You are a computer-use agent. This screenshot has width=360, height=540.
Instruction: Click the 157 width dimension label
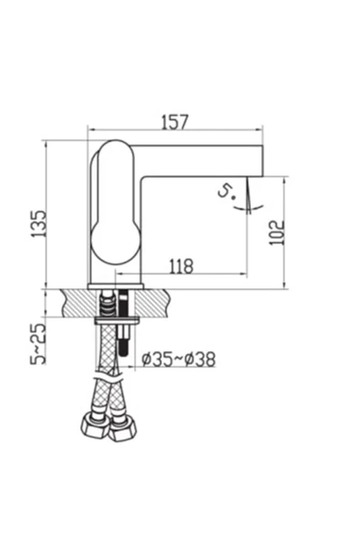pyautogui.click(x=175, y=122)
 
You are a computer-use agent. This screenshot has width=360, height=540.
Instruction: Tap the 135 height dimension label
pyautogui.click(x=38, y=223)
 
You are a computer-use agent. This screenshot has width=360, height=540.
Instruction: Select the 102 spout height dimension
pyautogui.click(x=277, y=233)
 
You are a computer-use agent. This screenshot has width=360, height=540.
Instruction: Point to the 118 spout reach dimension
pyautogui.click(x=181, y=265)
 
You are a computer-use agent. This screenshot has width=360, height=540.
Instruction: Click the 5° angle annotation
pyautogui.click(x=226, y=192)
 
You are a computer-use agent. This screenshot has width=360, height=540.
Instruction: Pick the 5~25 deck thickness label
pyautogui.click(x=38, y=344)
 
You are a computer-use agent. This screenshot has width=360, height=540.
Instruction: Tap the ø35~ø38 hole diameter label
pyautogui.click(x=179, y=358)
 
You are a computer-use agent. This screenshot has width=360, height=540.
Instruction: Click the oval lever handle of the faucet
pyautogui.click(x=116, y=202)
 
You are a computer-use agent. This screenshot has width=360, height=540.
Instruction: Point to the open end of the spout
pyautogui.click(x=262, y=161)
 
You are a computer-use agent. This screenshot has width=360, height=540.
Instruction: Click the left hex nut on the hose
pyautogui.click(x=93, y=428)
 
